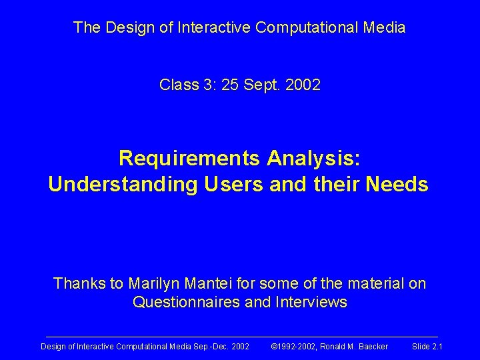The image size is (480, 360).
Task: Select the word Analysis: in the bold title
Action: [313, 159]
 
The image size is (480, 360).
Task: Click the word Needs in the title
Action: [398, 185]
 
